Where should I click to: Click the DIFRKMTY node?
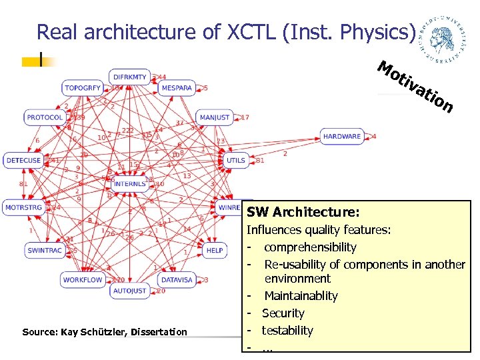click(x=129, y=77)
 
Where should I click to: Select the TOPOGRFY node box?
click(x=83, y=88)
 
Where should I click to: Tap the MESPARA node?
click(x=177, y=88)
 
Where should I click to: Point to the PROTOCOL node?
click(x=45, y=117)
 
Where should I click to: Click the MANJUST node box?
click(x=215, y=117)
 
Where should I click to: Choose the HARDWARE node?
click(x=341, y=137)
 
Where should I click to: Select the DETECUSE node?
click(x=23, y=160)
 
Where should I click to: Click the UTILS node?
click(x=236, y=160)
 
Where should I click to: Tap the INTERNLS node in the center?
click(x=129, y=183)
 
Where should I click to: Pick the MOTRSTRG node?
click(x=24, y=207)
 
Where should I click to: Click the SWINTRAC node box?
click(x=45, y=251)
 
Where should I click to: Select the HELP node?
click(x=215, y=251)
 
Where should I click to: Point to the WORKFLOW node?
click(x=83, y=280)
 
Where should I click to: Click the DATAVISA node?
click(x=177, y=280)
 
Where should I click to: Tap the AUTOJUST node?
click(x=129, y=291)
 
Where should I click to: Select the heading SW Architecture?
click(x=303, y=213)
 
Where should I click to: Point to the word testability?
click(x=287, y=330)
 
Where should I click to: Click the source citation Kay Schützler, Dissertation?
click(x=105, y=332)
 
